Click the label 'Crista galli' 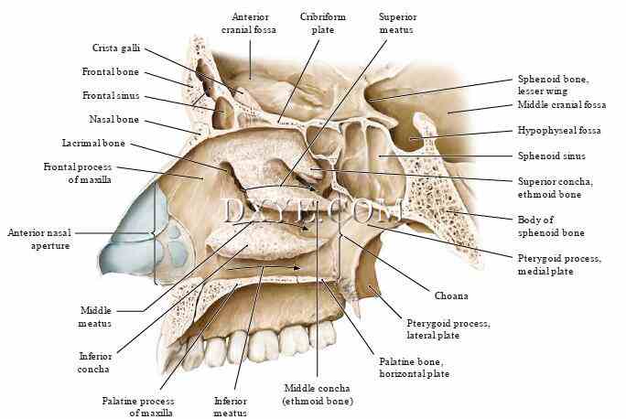[x=115, y=48]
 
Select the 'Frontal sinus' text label [x=110, y=95]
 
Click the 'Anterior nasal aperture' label [x=38, y=240]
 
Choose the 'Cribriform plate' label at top [x=318, y=23]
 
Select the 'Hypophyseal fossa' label [x=558, y=131]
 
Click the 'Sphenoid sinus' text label [x=551, y=156]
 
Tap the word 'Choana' [x=451, y=295]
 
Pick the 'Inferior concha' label [x=95, y=362]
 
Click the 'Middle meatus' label [x=95, y=317]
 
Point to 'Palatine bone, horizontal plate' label [x=414, y=368]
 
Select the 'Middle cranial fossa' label [x=561, y=104]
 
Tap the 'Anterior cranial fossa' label [x=250, y=23]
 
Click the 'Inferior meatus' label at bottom [x=230, y=406]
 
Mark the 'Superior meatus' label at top [x=396, y=23]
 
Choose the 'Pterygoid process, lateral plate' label [x=448, y=330]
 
